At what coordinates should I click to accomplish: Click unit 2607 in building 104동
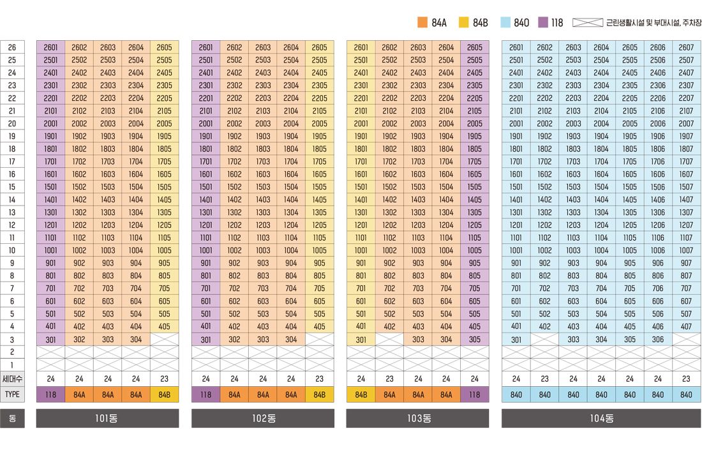[x=686, y=47]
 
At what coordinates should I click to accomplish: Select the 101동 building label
[x=107, y=419]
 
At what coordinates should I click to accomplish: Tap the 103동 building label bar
[x=417, y=419]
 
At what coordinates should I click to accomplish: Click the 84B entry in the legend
[x=474, y=23]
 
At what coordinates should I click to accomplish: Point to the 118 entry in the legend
[x=551, y=23]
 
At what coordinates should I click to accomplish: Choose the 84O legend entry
[x=514, y=23]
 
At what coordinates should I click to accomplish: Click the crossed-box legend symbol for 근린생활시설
[x=587, y=23]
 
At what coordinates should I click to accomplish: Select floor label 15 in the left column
[x=12, y=187]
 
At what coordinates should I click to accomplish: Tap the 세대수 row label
[x=12, y=379]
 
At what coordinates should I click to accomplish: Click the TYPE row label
[x=12, y=394]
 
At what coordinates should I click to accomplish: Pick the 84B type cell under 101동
[x=164, y=394]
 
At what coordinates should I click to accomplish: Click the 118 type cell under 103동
[x=474, y=394]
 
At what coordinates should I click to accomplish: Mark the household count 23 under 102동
[x=319, y=379]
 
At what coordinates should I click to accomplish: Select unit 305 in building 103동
[x=474, y=340]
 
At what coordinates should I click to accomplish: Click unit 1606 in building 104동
[x=658, y=174]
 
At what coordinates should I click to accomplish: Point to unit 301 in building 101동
[x=51, y=340]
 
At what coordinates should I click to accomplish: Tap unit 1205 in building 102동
[x=319, y=225]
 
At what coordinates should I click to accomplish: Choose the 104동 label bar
[x=601, y=419]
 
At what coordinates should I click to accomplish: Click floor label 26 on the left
[x=12, y=47]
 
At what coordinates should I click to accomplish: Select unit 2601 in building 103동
[x=361, y=47]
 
